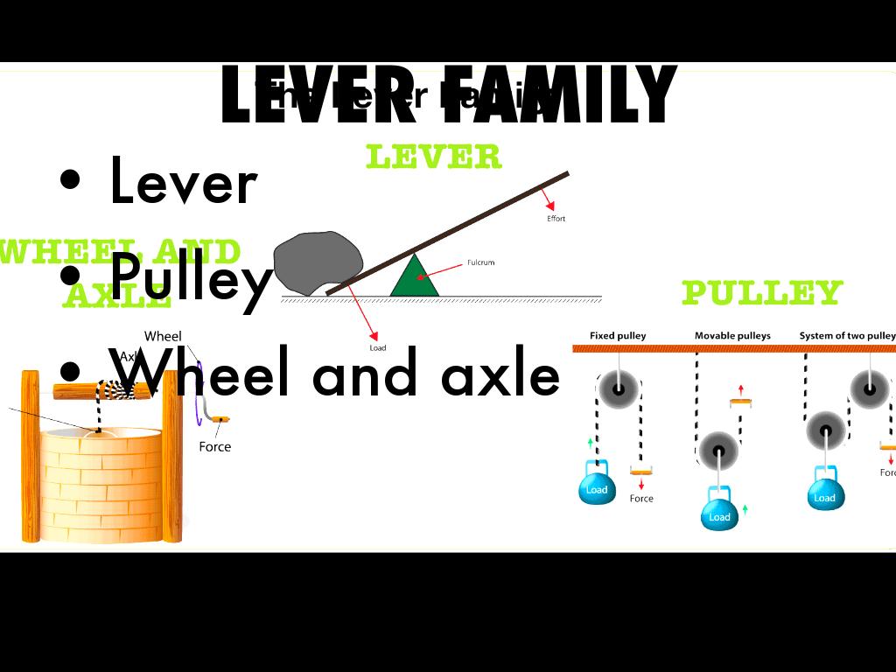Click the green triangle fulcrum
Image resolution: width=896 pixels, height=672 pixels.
(x=415, y=279)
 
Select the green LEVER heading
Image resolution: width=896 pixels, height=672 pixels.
(x=433, y=157)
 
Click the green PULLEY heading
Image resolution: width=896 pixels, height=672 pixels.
(x=761, y=293)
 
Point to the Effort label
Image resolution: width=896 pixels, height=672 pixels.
(x=556, y=219)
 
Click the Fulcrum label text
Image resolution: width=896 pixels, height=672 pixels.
(x=480, y=262)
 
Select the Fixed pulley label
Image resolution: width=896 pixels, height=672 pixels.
(x=618, y=336)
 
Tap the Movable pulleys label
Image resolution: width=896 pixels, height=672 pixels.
(x=732, y=336)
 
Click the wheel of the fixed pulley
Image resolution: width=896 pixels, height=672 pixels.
(x=619, y=388)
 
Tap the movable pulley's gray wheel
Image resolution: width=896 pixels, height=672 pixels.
(x=718, y=451)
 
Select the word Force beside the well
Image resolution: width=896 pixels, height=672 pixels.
(x=214, y=447)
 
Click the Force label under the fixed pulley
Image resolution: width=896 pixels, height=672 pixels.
(x=641, y=499)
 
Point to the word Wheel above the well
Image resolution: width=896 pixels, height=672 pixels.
(x=163, y=336)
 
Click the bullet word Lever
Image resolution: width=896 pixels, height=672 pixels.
(x=183, y=183)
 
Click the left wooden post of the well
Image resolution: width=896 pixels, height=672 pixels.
(x=30, y=455)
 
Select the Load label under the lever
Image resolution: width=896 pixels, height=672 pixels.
(x=378, y=348)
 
